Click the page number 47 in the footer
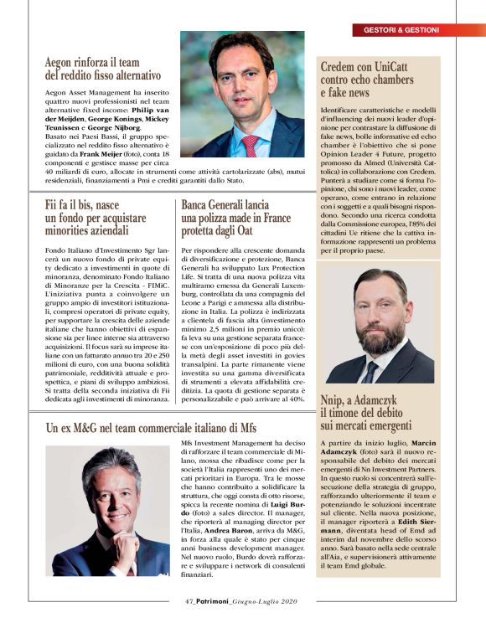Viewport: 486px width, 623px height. (189, 600)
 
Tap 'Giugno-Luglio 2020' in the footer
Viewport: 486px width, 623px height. (265, 600)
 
